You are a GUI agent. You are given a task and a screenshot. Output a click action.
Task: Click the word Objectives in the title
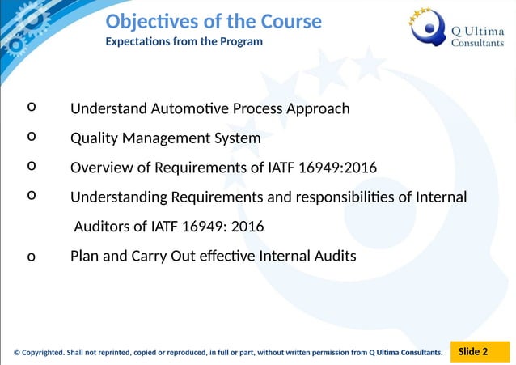[146, 21]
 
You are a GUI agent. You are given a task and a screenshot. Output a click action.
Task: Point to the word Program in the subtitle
[241, 41]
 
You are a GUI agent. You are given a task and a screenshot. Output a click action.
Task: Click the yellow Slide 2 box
[473, 351]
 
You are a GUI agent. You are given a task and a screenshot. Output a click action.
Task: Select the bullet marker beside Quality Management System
[31, 136]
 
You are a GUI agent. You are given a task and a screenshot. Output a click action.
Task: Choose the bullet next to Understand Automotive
[31, 106]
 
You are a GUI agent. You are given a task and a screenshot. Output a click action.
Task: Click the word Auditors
[104, 227]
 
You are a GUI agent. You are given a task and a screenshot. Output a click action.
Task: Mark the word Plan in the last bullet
[85, 256]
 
